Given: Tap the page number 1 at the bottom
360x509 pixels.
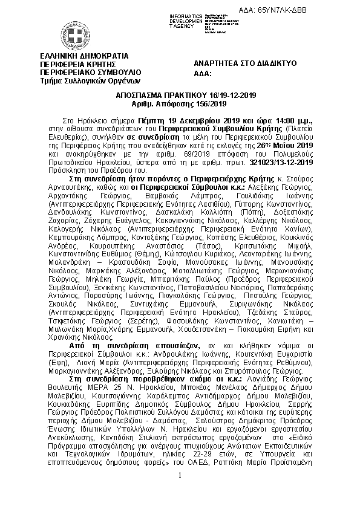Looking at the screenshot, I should point(180,492).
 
